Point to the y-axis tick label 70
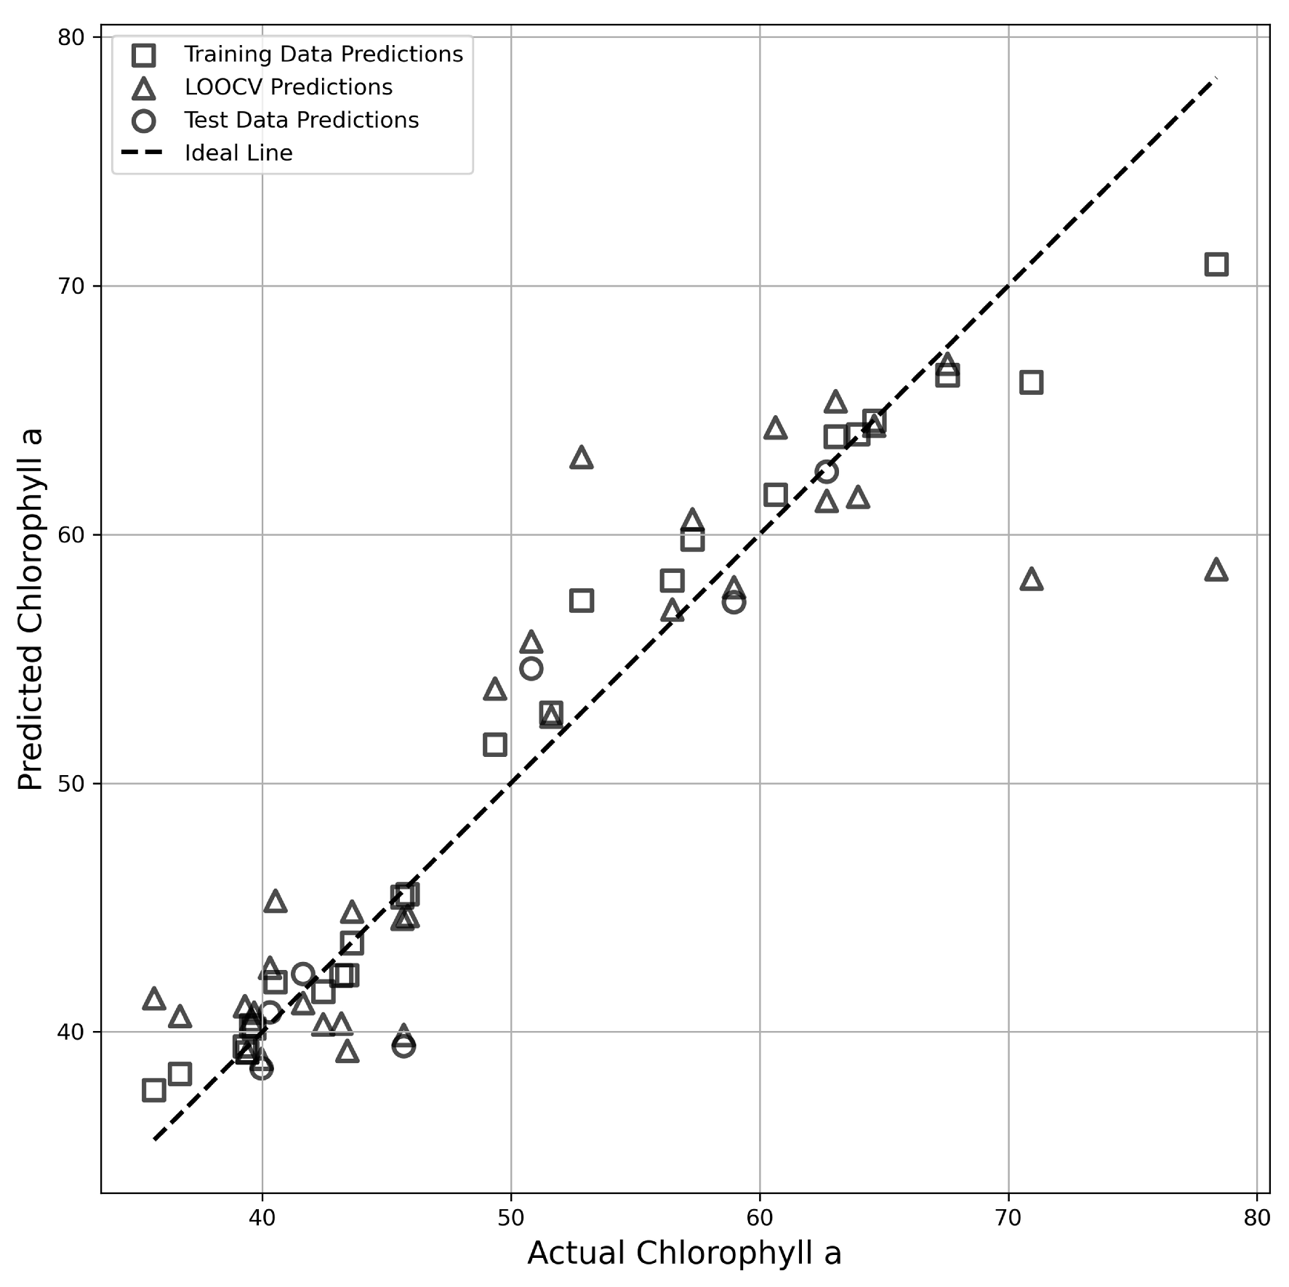coord(71,286)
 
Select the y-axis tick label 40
coord(71,1033)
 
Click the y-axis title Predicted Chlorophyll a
coord(31,609)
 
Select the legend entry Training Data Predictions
coord(323,55)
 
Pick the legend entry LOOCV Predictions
coord(288,87)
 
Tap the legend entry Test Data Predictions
coord(301,120)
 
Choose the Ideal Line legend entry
coord(238,153)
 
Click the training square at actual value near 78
coord(1216,264)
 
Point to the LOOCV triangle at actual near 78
coord(1216,571)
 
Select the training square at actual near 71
coord(1031,382)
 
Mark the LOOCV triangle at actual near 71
coord(1031,580)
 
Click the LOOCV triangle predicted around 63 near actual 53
coord(581,459)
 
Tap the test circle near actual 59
coord(734,602)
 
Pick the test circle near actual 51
coord(531,668)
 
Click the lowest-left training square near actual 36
coord(153,1090)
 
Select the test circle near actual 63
coord(826,472)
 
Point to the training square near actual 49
coord(494,745)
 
